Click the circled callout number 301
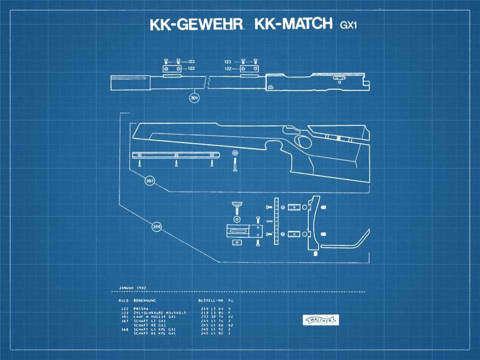194,98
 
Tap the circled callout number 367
150,181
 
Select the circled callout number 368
157,227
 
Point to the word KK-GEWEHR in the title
196,25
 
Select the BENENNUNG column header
145,300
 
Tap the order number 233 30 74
211,317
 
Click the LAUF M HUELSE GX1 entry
154,317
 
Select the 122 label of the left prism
191,69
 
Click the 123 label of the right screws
228,62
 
